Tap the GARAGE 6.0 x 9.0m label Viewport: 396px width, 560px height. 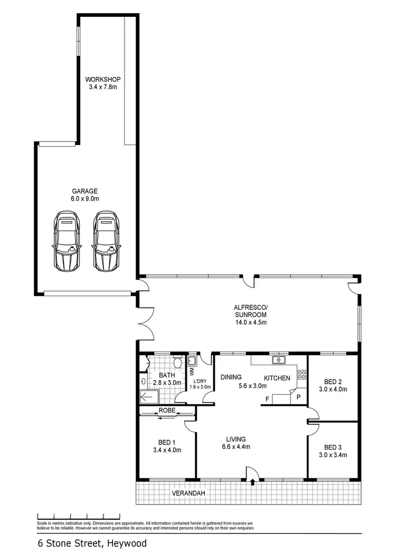tap(86, 195)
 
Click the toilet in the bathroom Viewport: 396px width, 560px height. tap(178, 362)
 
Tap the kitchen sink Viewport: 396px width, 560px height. tap(278, 360)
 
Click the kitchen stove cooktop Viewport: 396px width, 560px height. tap(302, 375)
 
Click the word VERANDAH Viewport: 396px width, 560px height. tap(188, 493)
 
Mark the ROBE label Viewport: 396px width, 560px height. tap(165, 410)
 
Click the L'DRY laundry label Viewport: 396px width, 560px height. tap(202, 383)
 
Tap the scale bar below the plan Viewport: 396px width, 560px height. tap(79, 516)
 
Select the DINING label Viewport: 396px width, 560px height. tap(231, 377)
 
